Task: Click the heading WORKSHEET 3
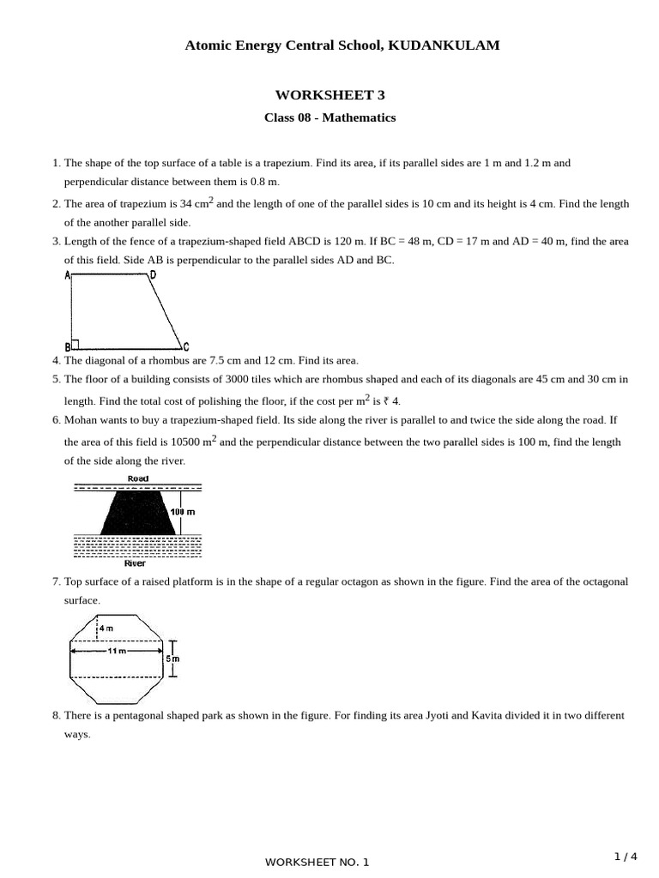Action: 329,94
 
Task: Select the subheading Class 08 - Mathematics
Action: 329,117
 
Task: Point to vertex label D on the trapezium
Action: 153,275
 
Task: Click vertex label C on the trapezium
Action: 186,346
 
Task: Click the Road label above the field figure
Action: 137,478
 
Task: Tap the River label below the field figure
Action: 135,563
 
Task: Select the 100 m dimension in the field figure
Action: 183,511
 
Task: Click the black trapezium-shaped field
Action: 137,513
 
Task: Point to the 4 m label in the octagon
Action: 107,628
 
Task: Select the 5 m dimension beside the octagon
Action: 174,658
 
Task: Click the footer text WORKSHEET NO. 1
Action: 317,862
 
